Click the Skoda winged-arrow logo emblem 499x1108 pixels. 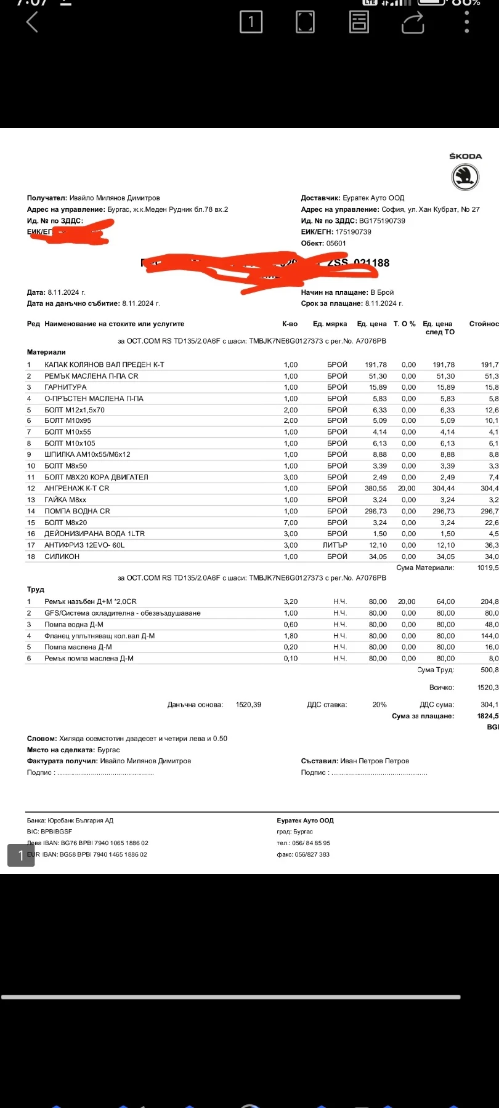(x=465, y=178)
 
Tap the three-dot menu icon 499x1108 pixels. (x=467, y=22)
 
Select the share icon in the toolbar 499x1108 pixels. (x=413, y=22)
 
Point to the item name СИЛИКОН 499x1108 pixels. (x=62, y=556)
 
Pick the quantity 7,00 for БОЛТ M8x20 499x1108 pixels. (x=291, y=523)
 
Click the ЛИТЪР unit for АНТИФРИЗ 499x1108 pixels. (x=335, y=545)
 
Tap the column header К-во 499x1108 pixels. (x=290, y=324)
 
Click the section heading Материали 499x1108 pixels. (x=46, y=352)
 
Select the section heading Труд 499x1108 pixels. (x=36, y=589)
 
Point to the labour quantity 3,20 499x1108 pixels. (x=291, y=601)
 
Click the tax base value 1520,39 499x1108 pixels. (x=248, y=705)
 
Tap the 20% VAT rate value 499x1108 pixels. (x=379, y=705)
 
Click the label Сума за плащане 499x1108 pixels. (x=423, y=716)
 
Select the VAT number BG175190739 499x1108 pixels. (x=382, y=221)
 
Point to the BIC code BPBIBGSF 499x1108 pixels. (x=57, y=832)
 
